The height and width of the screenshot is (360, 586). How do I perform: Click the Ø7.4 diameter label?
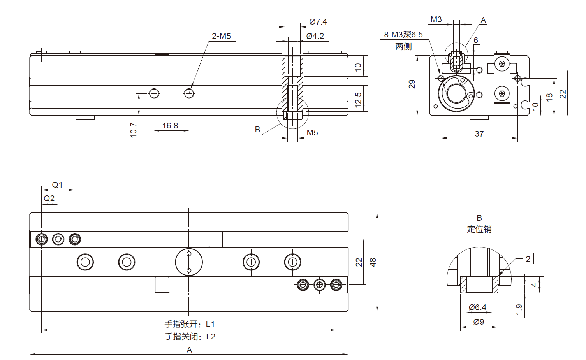318,22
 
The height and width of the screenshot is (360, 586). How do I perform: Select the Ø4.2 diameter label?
315,36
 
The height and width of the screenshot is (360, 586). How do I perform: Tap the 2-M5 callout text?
221,36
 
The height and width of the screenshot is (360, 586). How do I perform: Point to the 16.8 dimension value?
170,126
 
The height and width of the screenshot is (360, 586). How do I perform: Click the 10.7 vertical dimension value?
134,130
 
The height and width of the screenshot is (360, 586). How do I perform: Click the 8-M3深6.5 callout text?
403,35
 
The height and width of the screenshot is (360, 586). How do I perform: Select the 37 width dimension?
479,133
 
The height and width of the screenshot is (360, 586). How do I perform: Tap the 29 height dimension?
412,84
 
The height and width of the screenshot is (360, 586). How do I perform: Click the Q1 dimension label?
57,184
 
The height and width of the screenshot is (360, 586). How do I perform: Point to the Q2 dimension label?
49,198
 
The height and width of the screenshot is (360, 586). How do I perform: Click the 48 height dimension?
373,262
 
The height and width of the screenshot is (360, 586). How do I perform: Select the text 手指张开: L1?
189,324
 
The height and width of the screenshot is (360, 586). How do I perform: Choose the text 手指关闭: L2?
190,337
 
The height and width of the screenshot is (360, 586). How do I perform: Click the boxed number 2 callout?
528,259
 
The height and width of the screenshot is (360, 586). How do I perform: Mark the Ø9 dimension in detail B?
479,322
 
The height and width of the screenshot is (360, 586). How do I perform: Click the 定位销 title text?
479,229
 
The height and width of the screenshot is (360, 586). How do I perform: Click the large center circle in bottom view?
189,262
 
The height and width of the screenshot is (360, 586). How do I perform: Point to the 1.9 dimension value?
519,309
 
